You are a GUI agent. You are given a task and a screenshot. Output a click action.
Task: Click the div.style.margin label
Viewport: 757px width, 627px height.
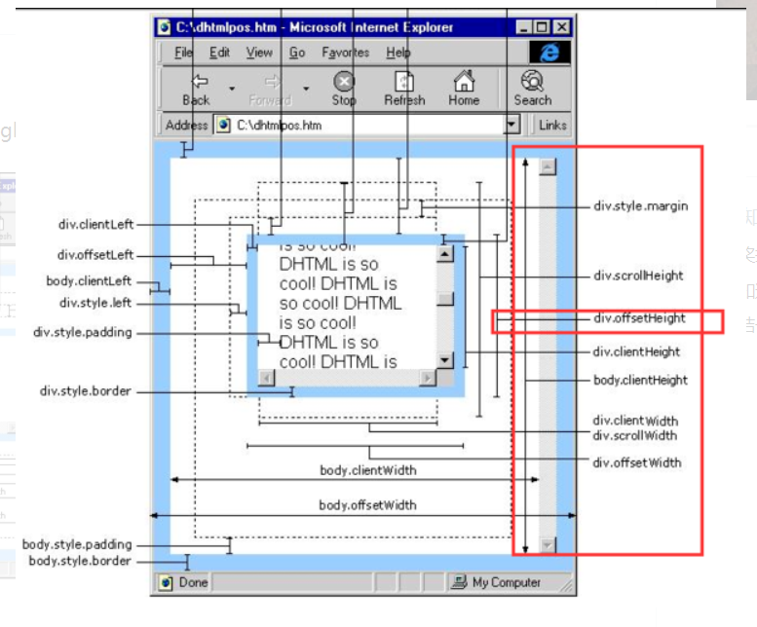[640, 206]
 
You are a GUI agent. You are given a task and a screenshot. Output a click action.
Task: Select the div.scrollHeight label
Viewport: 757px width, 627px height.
[638, 276]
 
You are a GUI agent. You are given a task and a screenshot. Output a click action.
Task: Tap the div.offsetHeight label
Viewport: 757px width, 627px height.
[638, 318]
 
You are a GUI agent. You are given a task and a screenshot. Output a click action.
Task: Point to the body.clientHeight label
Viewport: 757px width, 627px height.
[640, 380]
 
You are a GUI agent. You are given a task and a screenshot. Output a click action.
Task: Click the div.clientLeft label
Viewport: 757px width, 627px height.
[95, 225]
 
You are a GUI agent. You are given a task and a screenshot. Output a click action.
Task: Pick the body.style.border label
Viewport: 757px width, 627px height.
[79, 561]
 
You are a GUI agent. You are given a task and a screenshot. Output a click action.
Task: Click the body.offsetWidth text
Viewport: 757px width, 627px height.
[367, 505]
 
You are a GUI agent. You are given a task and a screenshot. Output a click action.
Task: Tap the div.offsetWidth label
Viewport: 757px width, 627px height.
[637, 462]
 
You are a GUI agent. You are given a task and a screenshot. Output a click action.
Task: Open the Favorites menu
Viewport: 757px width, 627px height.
[345, 53]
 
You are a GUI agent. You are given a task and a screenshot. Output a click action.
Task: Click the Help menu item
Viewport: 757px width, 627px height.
[397, 53]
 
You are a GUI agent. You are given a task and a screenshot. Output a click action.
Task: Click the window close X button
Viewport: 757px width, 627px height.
[563, 27]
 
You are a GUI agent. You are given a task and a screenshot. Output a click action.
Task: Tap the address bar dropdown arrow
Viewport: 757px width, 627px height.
[512, 125]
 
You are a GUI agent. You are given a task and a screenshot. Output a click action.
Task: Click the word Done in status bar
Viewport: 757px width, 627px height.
[193, 582]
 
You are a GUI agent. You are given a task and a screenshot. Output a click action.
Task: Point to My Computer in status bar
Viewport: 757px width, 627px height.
[506, 582]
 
